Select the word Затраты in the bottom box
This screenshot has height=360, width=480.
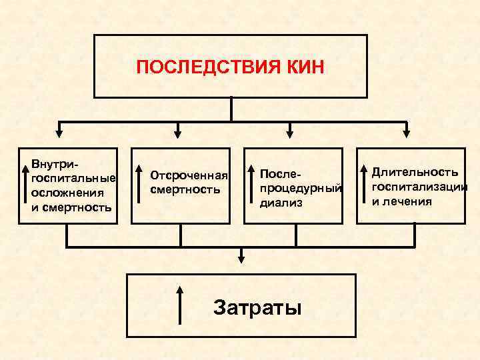tap(257, 307)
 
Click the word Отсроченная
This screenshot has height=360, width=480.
tap(189, 176)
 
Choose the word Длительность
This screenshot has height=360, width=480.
tap(415, 173)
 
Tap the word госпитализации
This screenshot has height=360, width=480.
tap(419, 187)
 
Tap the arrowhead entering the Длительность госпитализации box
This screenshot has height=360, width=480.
tap(407, 132)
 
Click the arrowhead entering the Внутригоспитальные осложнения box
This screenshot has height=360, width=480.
tap(60, 132)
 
